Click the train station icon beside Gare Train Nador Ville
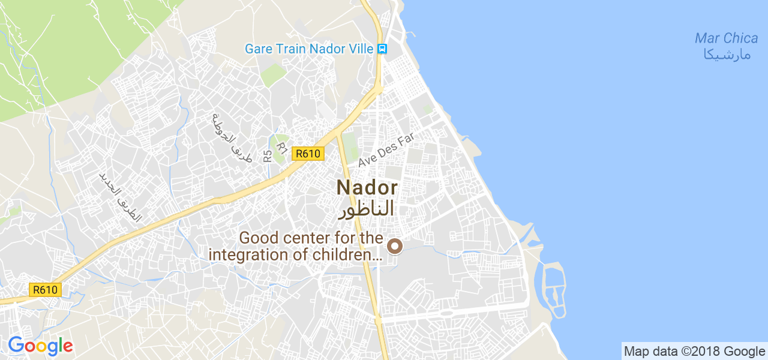click(x=382, y=49)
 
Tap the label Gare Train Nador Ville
click(x=308, y=49)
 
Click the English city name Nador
click(x=367, y=188)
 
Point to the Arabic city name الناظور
click(x=367, y=209)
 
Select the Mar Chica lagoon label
click(x=726, y=38)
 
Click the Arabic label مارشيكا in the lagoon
click(x=726, y=55)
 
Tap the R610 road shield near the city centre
click(x=308, y=154)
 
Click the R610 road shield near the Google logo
click(x=45, y=290)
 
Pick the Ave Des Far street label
click(x=386, y=150)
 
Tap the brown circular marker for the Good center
click(x=395, y=245)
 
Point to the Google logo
click(x=40, y=346)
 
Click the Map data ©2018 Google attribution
click(x=694, y=352)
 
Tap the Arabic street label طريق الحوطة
click(x=229, y=136)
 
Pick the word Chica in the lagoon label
click(x=740, y=38)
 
